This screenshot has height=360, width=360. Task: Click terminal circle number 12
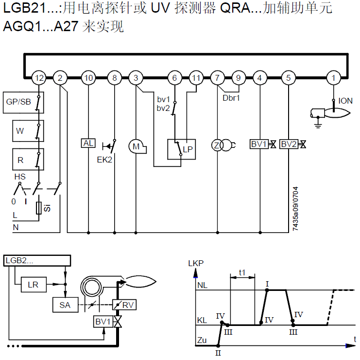(x=39, y=78)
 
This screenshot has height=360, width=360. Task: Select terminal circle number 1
(x=334, y=78)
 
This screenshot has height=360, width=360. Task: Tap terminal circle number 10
(x=88, y=78)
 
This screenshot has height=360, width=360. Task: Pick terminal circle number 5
(x=289, y=78)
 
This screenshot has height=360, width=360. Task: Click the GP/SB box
(x=23, y=103)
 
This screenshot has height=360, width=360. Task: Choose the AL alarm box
(x=88, y=143)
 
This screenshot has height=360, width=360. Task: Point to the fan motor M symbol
(x=137, y=146)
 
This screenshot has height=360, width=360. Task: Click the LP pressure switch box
(x=181, y=149)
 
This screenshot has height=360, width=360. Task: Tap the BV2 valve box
(x=289, y=144)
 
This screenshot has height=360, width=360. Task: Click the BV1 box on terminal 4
(x=259, y=144)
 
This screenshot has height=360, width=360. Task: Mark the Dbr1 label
(x=231, y=98)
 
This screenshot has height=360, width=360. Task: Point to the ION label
(x=345, y=101)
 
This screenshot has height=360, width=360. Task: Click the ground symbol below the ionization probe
(x=318, y=126)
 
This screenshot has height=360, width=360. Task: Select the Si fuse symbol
(x=39, y=208)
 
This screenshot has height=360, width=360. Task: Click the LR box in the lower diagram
(x=34, y=285)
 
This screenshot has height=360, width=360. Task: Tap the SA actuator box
(x=66, y=305)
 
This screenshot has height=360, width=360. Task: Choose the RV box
(x=124, y=305)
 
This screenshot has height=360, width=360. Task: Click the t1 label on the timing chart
(x=242, y=272)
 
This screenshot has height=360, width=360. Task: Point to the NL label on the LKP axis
(x=202, y=285)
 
